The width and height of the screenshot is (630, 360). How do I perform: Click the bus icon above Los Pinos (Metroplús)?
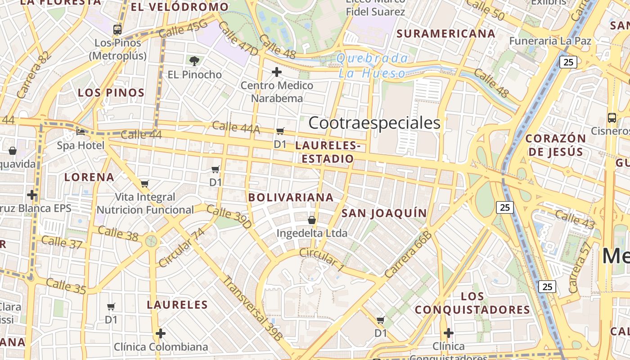click(117, 30)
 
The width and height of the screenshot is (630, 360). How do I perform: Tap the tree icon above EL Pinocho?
click(194, 61)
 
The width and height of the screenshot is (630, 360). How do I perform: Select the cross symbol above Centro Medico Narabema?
click(277, 72)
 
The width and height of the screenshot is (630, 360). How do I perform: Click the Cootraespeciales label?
click(374, 123)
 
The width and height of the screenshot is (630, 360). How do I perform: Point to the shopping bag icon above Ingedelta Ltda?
click(311, 220)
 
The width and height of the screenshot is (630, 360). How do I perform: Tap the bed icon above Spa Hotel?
click(81, 132)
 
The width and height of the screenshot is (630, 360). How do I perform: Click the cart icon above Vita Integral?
click(144, 184)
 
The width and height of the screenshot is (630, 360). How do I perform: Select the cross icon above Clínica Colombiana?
click(161, 333)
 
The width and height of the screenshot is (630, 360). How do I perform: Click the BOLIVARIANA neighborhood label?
click(291, 198)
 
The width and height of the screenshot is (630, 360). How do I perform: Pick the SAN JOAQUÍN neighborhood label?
click(384, 213)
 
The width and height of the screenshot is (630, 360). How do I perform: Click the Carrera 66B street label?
click(408, 254)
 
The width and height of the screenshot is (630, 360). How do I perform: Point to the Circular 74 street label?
click(182, 247)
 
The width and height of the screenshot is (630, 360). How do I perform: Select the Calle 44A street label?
click(236, 127)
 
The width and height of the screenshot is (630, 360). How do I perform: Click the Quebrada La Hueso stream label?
click(372, 66)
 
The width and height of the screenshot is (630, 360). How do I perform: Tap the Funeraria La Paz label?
click(550, 41)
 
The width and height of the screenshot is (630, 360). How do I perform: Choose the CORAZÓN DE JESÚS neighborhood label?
click(556, 144)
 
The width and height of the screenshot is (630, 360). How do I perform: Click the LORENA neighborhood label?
click(89, 177)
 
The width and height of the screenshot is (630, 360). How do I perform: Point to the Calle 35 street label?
click(66, 286)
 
